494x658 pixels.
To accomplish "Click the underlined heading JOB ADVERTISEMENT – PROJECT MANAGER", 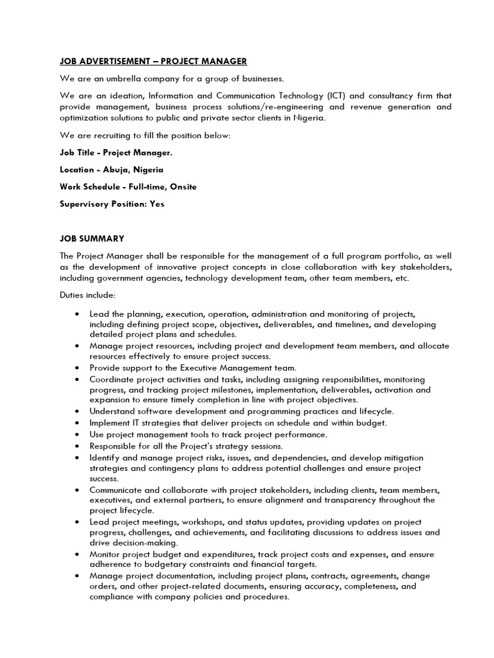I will coord(153,61).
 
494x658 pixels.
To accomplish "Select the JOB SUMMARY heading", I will coord(92,238).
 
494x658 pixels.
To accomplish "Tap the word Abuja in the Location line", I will coord(116,170).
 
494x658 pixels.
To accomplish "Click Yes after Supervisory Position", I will coord(156,204).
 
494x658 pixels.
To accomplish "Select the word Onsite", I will coord(182,187).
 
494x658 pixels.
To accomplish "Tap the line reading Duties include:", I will coord(87,295).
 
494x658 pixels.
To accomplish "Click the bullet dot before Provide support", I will coord(77,368).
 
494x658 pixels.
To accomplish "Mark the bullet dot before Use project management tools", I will coord(77,434).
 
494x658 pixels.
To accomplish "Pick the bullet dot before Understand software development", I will coord(77,412).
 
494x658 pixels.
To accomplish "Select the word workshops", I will coord(208,522).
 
